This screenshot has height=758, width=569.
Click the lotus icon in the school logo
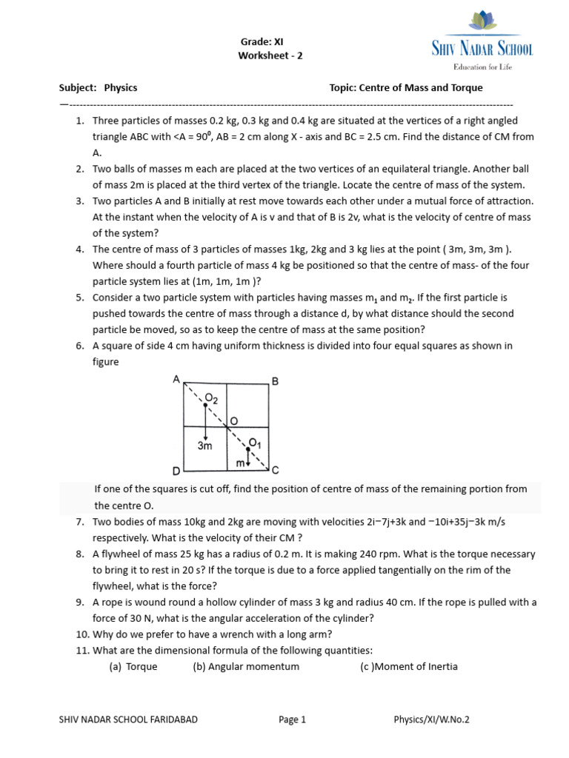tap(482, 24)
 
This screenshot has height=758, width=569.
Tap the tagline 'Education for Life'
tap(482, 67)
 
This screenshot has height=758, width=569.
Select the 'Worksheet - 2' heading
tap(270, 56)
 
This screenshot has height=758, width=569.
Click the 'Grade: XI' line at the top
tap(262, 42)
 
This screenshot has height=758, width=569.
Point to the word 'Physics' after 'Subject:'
tap(121, 87)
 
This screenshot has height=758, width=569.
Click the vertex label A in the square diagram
tap(176, 379)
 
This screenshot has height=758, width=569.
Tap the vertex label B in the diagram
tap(275, 381)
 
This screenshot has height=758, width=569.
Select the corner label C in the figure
tap(275, 469)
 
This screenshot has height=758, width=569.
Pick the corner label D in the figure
tap(176, 471)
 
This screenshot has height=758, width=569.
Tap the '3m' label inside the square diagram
tap(205, 446)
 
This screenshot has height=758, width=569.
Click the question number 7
tap(79, 523)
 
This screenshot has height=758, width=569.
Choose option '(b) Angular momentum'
tap(246, 666)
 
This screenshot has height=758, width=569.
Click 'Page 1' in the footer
tap(292, 720)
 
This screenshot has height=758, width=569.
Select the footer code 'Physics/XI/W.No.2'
tap(432, 720)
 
